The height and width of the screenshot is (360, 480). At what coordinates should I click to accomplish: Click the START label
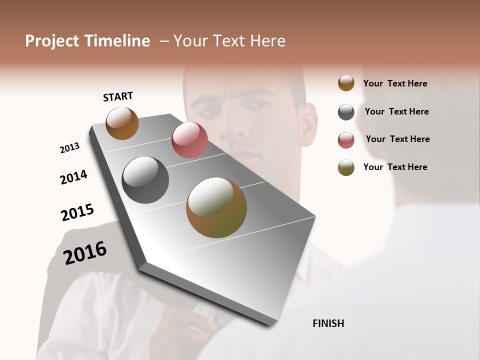(118, 96)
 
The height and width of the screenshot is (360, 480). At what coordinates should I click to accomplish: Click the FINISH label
(328, 323)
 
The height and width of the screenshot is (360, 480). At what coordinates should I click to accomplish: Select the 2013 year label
(70, 148)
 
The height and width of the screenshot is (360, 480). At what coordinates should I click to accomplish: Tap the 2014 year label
(73, 177)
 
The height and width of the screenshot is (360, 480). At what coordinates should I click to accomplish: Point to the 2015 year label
(77, 212)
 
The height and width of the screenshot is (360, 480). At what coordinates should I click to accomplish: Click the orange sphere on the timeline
(122, 123)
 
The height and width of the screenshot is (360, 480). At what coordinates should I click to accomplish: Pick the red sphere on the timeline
(189, 140)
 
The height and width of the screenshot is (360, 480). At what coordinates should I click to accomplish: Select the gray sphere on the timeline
(145, 180)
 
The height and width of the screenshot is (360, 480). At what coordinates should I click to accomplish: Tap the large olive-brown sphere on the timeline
(216, 207)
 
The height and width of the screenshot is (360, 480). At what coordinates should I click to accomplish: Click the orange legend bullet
(346, 83)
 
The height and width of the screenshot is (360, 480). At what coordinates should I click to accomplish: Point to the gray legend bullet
(346, 112)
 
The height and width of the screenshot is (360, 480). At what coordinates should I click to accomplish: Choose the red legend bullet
(346, 140)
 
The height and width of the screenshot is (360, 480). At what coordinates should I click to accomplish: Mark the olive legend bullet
(346, 167)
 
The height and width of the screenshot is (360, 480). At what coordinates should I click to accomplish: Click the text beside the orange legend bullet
(395, 83)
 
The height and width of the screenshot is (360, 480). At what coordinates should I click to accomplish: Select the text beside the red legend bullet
(397, 139)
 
